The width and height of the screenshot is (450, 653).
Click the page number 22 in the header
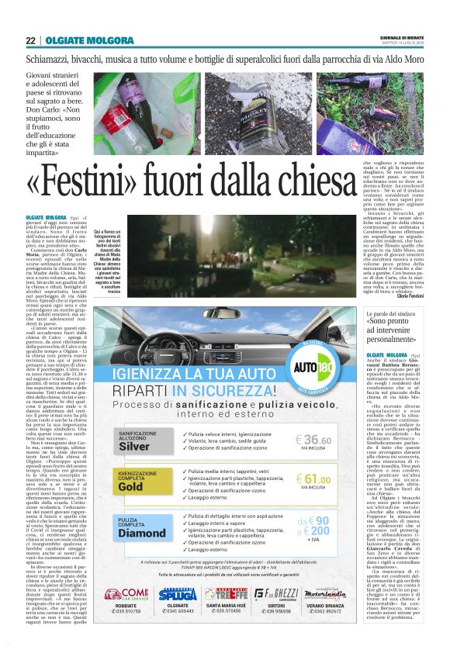(x=30, y=41)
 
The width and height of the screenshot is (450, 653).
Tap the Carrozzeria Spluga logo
(x=177, y=595)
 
